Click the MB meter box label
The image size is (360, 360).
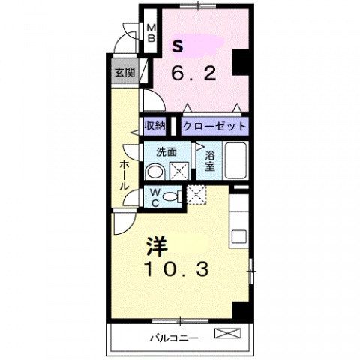pyautogui.click(x=151, y=31)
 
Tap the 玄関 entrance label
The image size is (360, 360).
pyautogui.click(x=124, y=73)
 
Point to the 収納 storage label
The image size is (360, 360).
pyautogui.click(x=154, y=125)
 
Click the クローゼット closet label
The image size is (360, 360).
pyautogui.click(x=214, y=125)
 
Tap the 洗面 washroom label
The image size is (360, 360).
pyautogui.click(x=166, y=151)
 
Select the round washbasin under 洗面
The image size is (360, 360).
pyautogui.click(x=154, y=171)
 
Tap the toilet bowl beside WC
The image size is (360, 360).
pyautogui.click(x=172, y=196)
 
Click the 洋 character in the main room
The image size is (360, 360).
pyautogui.click(x=156, y=244)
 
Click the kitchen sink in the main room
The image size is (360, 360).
pyautogui.click(x=239, y=236)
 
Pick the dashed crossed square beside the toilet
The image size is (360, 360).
pyautogui.click(x=196, y=195)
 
